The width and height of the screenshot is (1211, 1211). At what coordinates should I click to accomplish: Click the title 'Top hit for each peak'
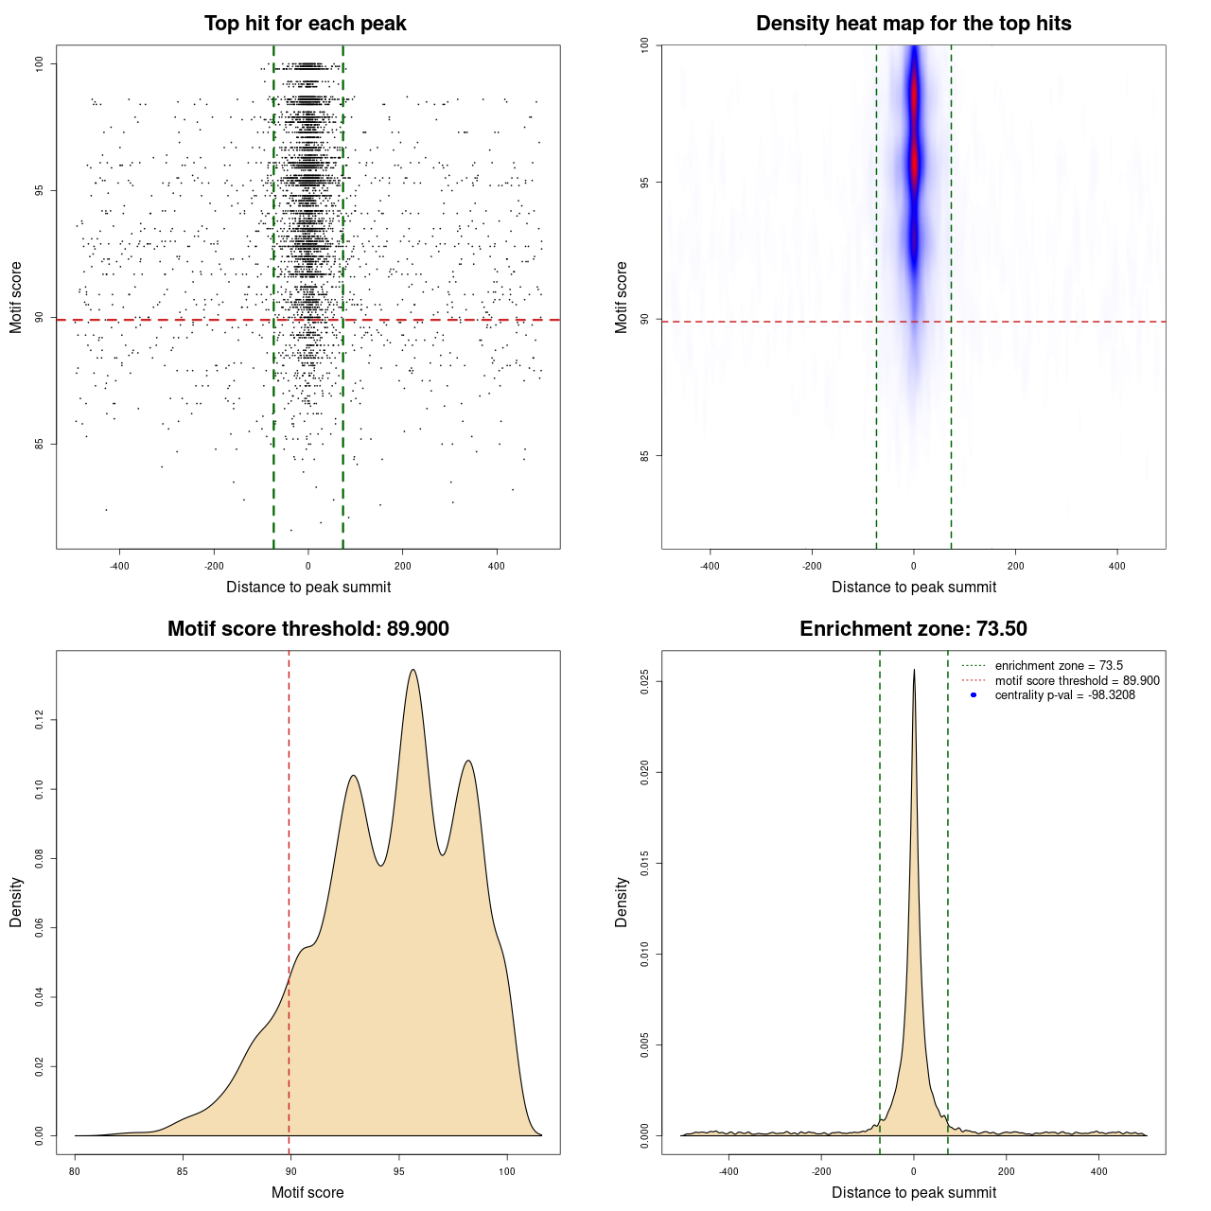click(x=306, y=24)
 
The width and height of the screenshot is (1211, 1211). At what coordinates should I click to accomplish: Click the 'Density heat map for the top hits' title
click(x=913, y=24)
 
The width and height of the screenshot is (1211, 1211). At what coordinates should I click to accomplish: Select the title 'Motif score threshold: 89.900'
click(x=307, y=629)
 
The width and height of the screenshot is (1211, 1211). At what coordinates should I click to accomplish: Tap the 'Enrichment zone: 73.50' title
click(x=913, y=629)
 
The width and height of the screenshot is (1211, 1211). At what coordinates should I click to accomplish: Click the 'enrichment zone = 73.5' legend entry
click(x=1059, y=666)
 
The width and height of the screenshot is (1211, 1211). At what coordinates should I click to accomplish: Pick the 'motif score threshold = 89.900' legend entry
click(x=1077, y=681)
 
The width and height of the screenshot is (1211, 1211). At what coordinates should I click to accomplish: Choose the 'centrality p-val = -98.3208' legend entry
click(x=1064, y=695)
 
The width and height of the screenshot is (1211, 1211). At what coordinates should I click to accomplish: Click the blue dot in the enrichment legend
click(x=974, y=695)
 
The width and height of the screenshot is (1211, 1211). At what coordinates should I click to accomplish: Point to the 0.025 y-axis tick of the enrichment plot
click(x=645, y=682)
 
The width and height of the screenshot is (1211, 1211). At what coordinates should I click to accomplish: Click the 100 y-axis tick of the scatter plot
click(x=40, y=63)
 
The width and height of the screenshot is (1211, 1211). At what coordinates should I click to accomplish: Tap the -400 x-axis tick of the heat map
click(x=710, y=566)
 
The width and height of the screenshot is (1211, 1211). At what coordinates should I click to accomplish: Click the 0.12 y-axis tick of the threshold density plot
click(x=40, y=721)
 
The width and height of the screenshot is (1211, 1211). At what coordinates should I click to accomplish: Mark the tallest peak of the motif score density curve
click(x=412, y=670)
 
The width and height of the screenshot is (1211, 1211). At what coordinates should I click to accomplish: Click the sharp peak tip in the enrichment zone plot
click(x=914, y=670)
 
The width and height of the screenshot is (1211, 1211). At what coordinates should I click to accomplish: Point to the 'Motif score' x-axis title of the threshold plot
click(x=307, y=1192)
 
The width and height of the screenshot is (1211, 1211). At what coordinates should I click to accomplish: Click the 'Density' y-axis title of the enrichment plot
click(x=622, y=902)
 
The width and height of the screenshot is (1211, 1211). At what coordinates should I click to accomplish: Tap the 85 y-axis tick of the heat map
click(x=645, y=456)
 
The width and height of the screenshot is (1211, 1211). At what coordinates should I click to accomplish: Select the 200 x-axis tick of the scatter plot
click(x=403, y=566)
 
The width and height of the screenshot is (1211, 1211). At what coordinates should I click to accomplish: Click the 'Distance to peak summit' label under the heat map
click(x=913, y=588)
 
